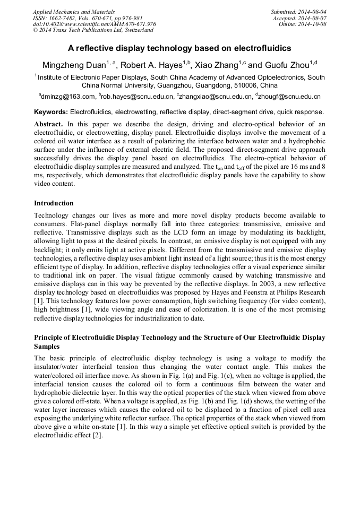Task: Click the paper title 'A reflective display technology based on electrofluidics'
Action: (x=179, y=48)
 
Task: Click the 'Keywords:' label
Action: (x=51, y=113)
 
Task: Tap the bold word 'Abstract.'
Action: (x=48, y=123)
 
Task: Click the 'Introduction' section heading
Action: (x=54, y=203)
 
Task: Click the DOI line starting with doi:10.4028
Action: (x=94, y=24)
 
